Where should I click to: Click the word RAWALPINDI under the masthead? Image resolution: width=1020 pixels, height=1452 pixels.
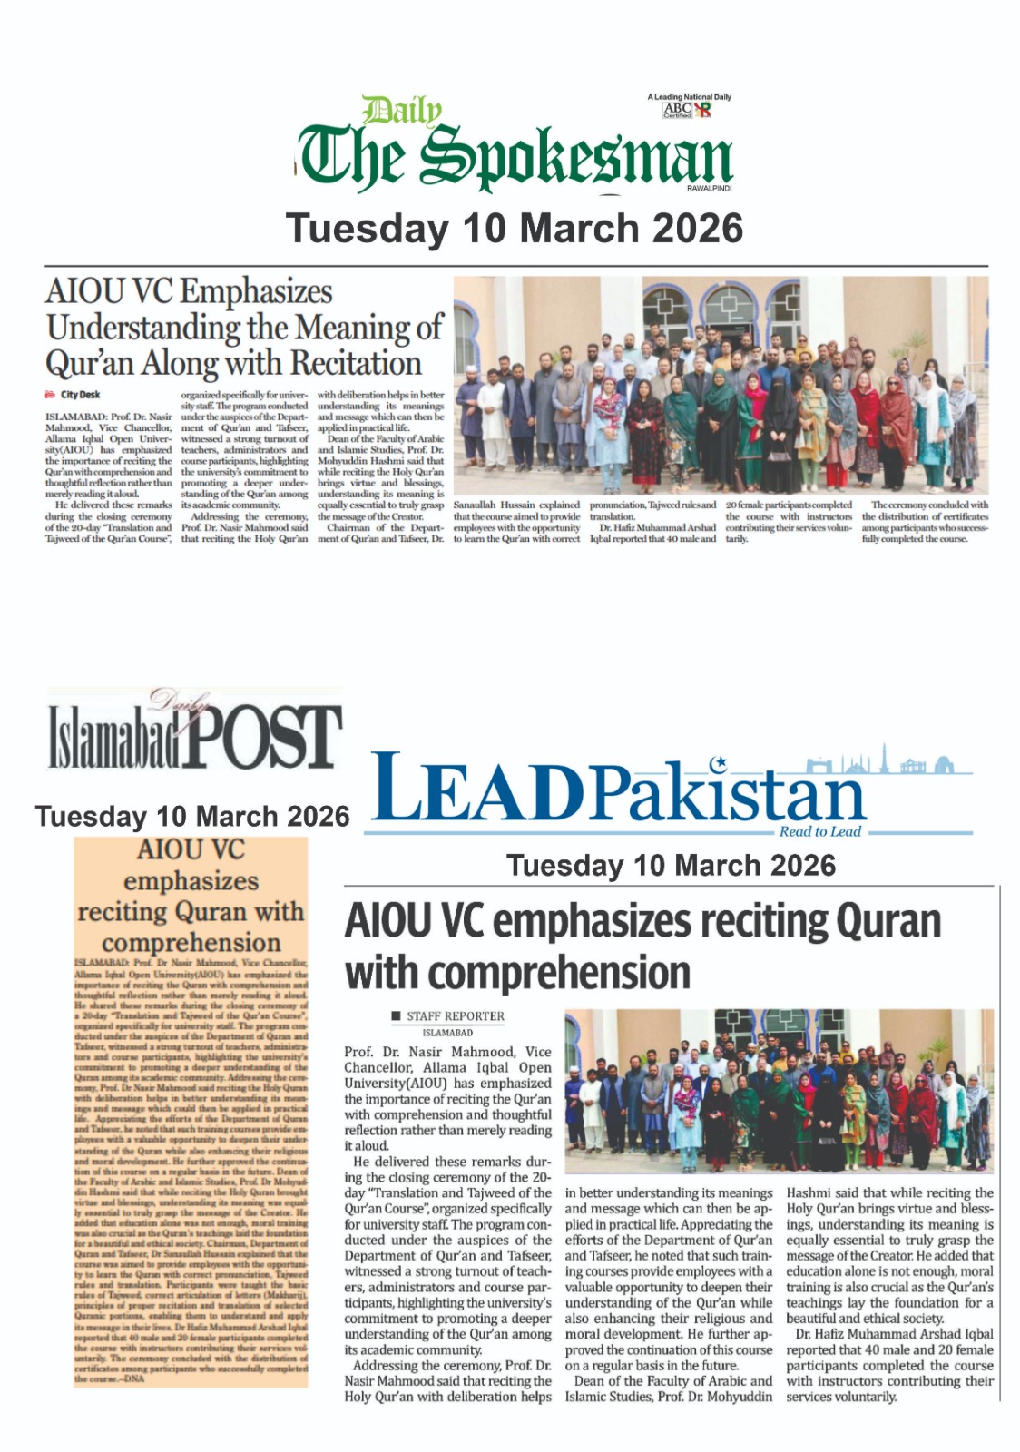710,188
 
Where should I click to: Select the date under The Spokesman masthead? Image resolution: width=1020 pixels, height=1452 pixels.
515,229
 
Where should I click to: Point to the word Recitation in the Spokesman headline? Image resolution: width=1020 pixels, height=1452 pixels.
356,364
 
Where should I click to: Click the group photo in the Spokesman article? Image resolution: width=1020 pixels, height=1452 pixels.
721,385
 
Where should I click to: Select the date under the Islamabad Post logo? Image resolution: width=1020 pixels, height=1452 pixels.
192,817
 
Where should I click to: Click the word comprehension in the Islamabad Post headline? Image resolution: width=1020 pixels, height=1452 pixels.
191,942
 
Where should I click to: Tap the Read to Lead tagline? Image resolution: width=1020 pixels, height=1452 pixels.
819,831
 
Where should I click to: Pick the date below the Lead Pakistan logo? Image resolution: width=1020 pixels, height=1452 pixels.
671,865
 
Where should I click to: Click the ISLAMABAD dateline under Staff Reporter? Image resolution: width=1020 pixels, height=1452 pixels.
447,1033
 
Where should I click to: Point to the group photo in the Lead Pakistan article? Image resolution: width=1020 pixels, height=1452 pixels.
779,1090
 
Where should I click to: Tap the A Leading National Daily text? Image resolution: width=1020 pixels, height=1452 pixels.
689,97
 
